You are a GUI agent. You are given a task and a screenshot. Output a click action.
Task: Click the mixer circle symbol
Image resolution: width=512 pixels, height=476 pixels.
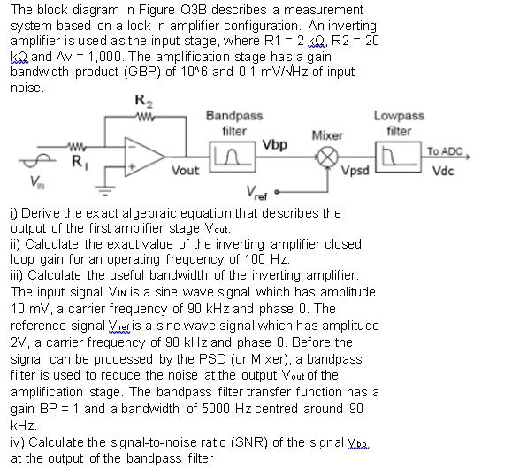coord(327,157)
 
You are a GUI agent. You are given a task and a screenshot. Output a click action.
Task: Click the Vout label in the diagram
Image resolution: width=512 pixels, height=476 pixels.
coord(186,169)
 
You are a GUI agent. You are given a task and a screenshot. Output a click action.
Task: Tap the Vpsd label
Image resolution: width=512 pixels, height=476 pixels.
coord(356,170)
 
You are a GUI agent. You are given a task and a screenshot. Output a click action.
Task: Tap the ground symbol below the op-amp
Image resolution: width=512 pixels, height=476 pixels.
coord(110,188)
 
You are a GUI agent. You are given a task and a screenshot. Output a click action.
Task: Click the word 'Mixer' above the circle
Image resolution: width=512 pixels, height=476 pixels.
coord(327,135)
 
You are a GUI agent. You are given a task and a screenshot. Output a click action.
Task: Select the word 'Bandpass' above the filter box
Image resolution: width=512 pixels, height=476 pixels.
coord(233,116)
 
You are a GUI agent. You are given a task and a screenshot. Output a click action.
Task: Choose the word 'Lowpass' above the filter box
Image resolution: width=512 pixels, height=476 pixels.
coord(399,116)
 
